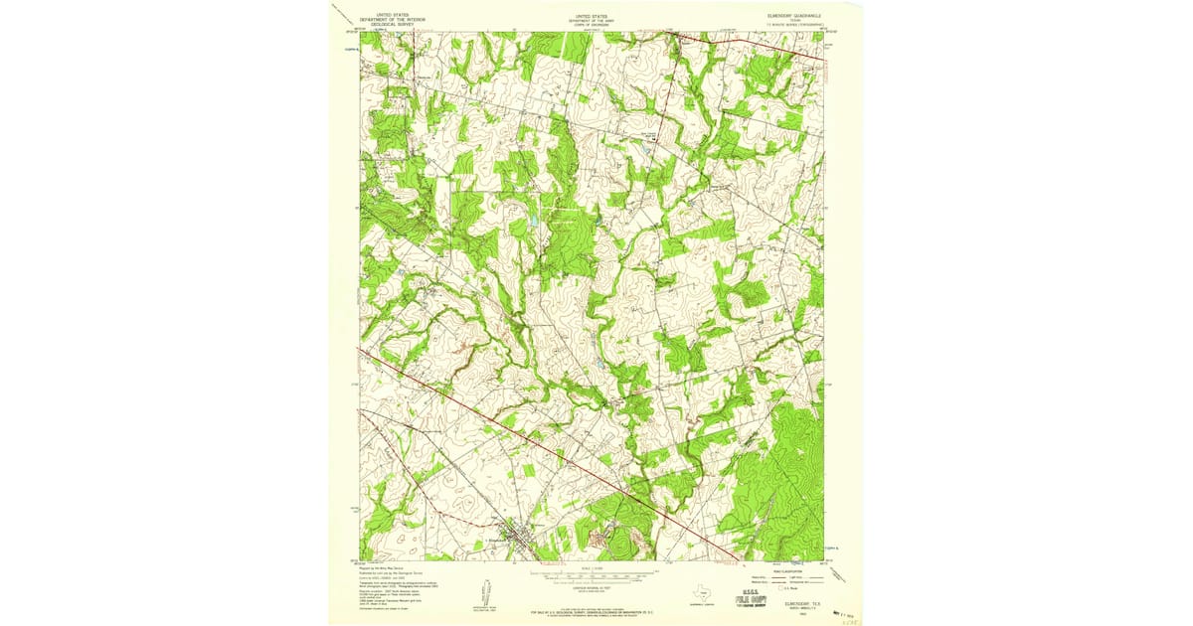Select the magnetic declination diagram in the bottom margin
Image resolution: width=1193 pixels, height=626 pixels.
click(x=484, y=593)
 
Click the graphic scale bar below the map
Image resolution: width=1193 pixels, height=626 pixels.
click(x=592, y=574)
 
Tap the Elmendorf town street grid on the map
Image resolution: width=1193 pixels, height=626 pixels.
click(x=514, y=542)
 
